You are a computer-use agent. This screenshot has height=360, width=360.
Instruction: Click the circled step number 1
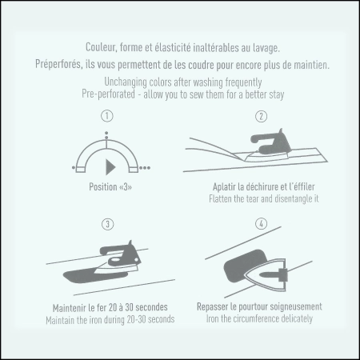coord(107,116)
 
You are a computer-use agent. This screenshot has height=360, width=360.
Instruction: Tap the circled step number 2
coord(261,116)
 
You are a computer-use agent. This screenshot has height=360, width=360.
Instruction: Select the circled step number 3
coord(108,224)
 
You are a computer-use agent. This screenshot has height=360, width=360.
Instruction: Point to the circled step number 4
coord(262,223)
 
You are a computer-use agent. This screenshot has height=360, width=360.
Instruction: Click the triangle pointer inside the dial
coord(110,167)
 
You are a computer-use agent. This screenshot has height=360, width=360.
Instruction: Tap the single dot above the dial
coord(106,133)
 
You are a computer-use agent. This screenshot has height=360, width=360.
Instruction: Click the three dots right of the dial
coord(145,168)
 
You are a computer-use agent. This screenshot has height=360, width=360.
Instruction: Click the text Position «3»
coord(110,186)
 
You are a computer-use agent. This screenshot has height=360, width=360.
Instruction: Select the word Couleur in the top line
coord(101,47)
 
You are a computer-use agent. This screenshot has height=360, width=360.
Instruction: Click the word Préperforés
coord(58,64)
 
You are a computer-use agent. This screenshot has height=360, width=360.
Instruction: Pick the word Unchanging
coord(126,82)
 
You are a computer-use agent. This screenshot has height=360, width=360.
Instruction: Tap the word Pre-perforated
coord(108,94)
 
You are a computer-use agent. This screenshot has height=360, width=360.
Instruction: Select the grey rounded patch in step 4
coord(244,266)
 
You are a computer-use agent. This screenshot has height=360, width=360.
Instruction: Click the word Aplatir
coord(224,187)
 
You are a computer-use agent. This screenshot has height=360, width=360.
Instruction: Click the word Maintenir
coord(70,308)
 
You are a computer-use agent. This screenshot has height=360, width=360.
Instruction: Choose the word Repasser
coord(212,307)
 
